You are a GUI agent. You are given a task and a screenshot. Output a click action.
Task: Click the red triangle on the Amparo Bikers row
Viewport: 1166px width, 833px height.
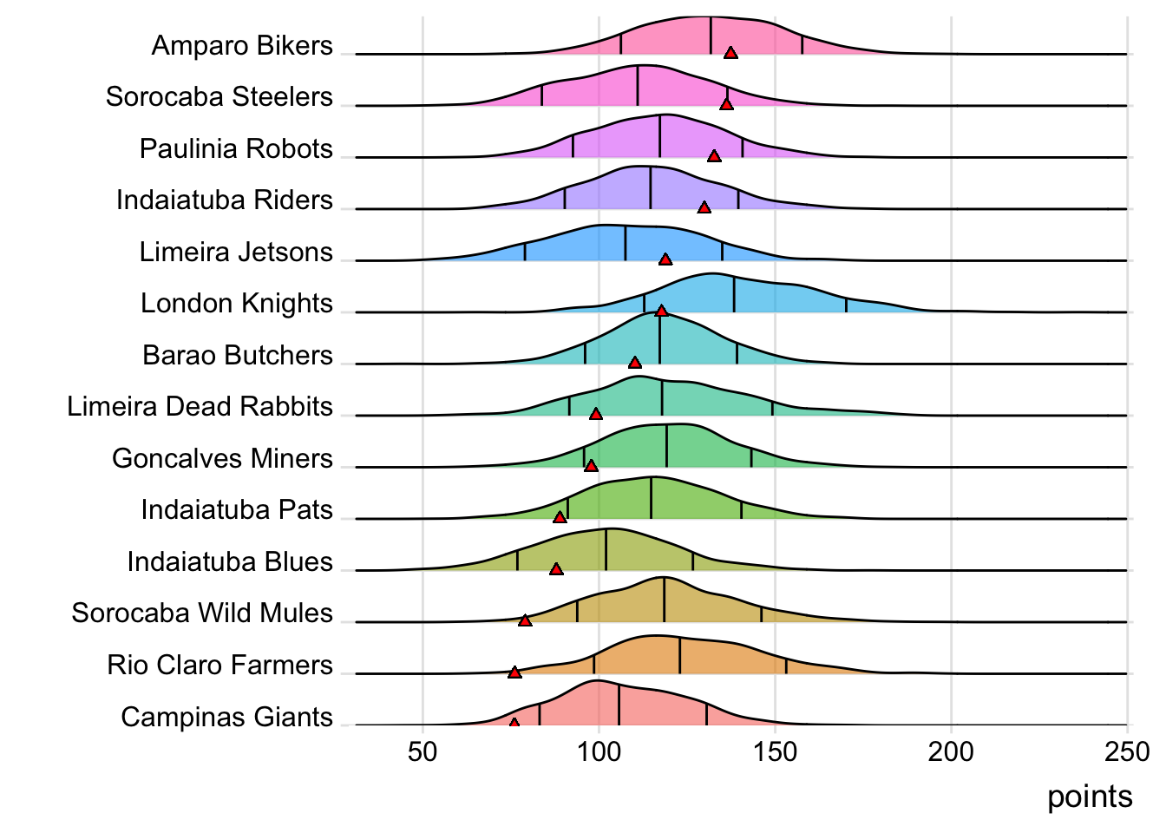(730, 53)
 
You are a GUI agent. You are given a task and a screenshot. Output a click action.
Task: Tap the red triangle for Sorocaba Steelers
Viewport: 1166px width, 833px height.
(726, 104)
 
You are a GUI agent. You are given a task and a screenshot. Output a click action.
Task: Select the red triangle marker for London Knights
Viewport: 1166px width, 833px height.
(661, 311)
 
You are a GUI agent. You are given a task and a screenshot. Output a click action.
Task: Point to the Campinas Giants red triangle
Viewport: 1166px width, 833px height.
(514, 723)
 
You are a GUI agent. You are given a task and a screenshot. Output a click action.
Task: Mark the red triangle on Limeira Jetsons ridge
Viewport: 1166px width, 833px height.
(665, 259)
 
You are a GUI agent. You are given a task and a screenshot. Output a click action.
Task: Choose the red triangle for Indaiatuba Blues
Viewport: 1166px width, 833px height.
(556, 569)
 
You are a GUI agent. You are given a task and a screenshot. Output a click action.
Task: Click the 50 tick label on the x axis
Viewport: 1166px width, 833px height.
(423, 751)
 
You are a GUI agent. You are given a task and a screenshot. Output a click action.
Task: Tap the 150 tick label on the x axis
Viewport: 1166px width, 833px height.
(775, 751)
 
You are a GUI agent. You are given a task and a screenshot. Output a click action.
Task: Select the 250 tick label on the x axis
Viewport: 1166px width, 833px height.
(1127, 751)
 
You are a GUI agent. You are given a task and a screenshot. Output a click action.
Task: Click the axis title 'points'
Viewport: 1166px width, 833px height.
(1090, 797)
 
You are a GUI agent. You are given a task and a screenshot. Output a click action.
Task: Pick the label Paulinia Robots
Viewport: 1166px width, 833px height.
(236, 148)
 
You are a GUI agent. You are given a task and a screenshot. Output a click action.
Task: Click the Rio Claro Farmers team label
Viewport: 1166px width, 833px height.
(219, 665)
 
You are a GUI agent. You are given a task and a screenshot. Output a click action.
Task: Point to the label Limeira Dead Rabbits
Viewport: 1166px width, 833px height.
(200, 406)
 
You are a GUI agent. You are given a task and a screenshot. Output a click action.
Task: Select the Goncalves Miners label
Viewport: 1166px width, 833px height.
(222, 458)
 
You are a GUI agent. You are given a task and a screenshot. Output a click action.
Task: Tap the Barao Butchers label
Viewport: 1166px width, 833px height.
(238, 355)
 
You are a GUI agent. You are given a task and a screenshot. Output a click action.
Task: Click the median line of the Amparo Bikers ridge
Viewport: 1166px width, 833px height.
(711, 36)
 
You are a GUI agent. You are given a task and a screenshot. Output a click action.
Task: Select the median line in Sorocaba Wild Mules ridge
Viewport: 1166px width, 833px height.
(665, 600)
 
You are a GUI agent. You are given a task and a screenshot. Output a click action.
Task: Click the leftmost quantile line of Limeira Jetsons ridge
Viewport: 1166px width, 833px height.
(525, 252)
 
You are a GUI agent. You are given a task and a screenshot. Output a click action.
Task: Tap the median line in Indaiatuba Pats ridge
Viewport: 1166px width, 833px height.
(651, 498)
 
